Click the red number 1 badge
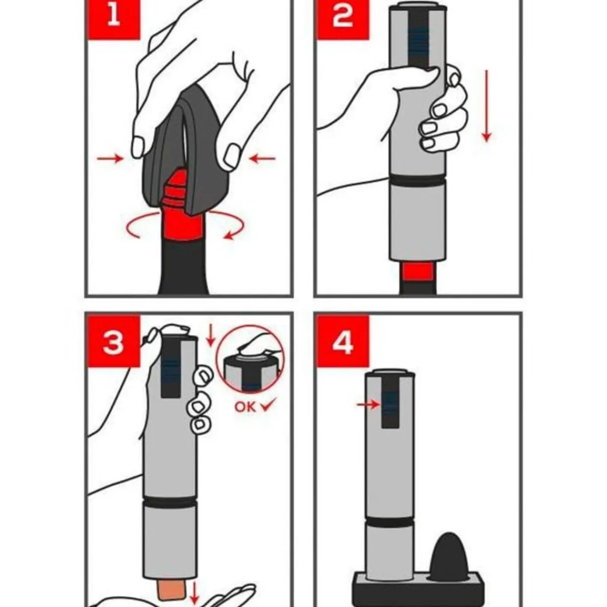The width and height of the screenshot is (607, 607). pyautogui.click(x=114, y=20)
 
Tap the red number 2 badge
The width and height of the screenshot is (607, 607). pyautogui.click(x=343, y=20)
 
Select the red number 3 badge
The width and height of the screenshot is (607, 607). pyautogui.click(x=114, y=341)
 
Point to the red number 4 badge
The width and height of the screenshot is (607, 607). pyautogui.click(x=343, y=341)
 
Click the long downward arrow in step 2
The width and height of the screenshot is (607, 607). pyautogui.click(x=487, y=106)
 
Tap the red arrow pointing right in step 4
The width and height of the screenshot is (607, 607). pyautogui.click(x=368, y=404)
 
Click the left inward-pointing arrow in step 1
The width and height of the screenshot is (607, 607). pyautogui.click(x=110, y=158)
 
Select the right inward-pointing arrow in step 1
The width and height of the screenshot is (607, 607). pyautogui.click(x=262, y=159)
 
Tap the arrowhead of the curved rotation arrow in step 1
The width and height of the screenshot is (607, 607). pyautogui.click(x=228, y=236)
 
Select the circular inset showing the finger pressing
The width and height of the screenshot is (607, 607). pyautogui.click(x=250, y=359)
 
